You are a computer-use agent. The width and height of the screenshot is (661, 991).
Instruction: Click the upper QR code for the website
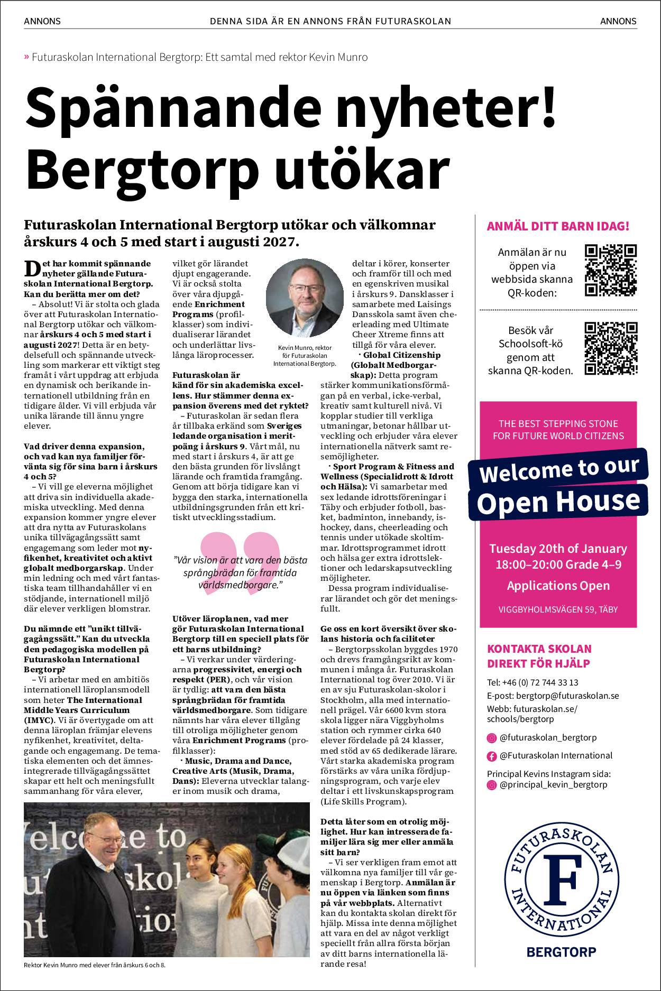point(611,270)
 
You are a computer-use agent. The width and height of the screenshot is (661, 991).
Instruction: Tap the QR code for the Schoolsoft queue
point(611,348)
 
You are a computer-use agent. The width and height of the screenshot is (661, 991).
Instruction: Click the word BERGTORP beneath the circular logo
point(561,951)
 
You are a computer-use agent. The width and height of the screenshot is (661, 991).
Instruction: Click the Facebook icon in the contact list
point(491,756)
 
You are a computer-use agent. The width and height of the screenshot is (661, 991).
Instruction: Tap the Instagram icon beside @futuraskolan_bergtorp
point(491,737)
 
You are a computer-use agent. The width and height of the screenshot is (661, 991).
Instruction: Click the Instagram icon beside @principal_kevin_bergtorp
point(491,785)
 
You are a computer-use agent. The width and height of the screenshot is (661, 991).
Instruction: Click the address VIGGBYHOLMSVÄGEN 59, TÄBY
point(557,609)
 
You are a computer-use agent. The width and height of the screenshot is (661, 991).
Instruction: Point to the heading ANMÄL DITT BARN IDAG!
point(557,227)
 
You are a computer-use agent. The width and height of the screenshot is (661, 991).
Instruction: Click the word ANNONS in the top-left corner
point(42,22)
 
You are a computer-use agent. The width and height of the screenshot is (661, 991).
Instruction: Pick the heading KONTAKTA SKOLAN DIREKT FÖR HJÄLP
point(539,655)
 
